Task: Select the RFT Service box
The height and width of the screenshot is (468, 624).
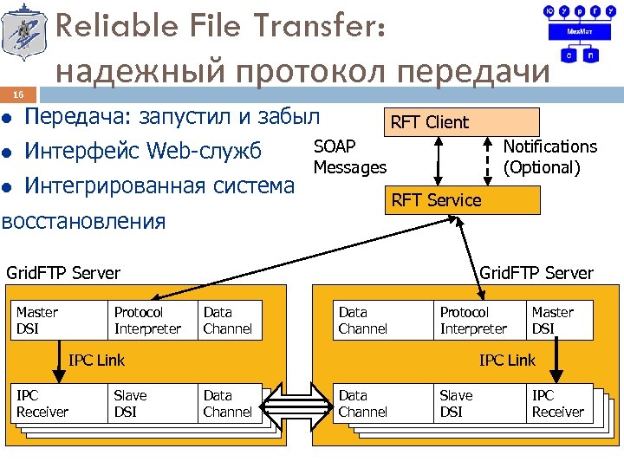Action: click(x=464, y=200)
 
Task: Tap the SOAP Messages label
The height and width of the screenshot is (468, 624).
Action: click(x=349, y=157)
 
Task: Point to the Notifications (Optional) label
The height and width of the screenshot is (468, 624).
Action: click(x=549, y=157)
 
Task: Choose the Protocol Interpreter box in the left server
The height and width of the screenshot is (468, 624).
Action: click(x=148, y=321)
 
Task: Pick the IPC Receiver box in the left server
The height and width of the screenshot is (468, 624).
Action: click(x=55, y=404)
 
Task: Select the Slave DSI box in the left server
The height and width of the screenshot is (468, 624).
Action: click(x=148, y=404)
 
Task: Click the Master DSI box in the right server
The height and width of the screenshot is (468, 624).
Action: click(x=559, y=321)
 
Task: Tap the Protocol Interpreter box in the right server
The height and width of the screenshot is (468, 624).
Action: click(x=477, y=321)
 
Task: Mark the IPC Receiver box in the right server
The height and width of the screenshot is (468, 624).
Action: click(x=559, y=404)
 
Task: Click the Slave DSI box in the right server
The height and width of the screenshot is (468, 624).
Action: click(x=477, y=404)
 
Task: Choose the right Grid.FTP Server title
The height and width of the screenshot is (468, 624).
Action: click(x=536, y=274)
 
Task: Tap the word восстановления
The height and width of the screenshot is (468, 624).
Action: click(x=83, y=220)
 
